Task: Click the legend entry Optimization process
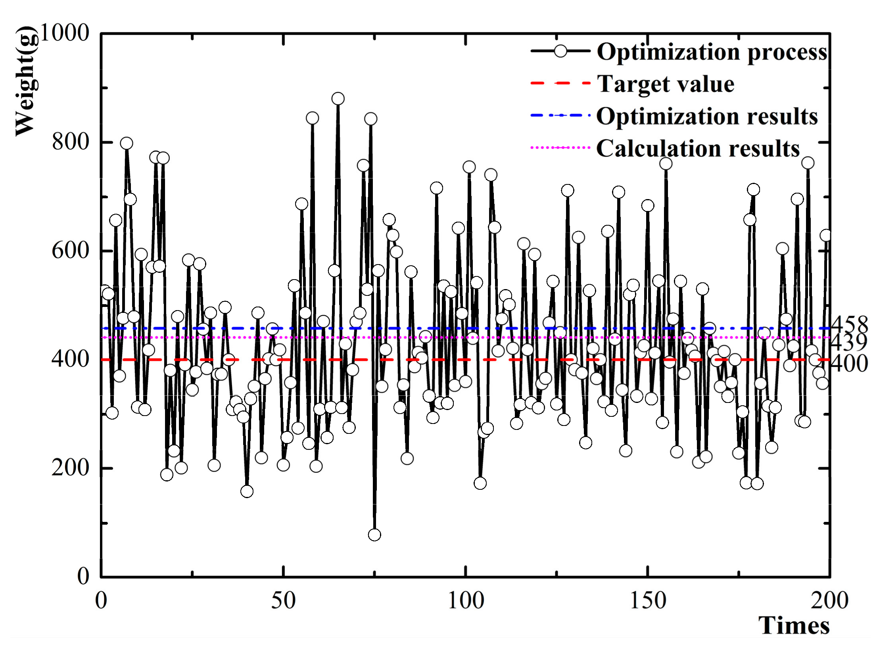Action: pyautogui.click(x=712, y=52)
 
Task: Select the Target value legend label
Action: pyautogui.click(x=666, y=84)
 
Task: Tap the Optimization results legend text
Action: pyautogui.click(x=707, y=116)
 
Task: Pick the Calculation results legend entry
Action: pyautogui.click(x=698, y=148)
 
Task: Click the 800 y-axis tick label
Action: pyautogui.click(x=71, y=142)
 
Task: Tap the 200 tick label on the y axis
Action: pyautogui.click(x=71, y=468)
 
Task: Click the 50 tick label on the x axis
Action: pyautogui.click(x=283, y=600)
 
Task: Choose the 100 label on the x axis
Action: pyautogui.click(x=465, y=600)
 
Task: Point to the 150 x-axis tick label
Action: pyautogui.click(x=647, y=600)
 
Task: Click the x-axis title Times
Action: pyautogui.click(x=794, y=626)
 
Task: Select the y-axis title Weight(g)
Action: pyautogui.click(x=27, y=82)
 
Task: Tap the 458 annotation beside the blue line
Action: pyautogui.click(x=849, y=325)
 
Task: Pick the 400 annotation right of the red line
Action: pyautogui.click(x=849, y=363)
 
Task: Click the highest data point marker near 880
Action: pyautogui.click(x=338, y=98)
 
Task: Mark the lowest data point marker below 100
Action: pyautogui.click(x=374, y=535)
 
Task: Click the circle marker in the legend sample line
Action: pyautogui.click(x=560, y=51)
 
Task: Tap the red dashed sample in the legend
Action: pyautogui.click(x=560, y=83)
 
